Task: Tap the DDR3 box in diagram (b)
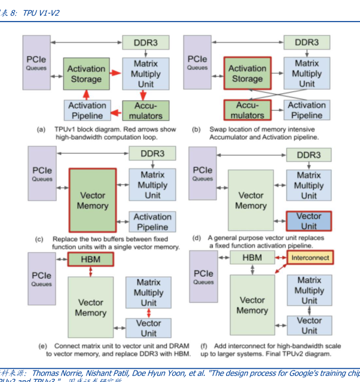tap(306, 43)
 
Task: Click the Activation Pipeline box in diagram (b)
tap(306, 110)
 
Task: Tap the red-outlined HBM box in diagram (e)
tap(90, 259)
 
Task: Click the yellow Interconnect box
tap(310, 258)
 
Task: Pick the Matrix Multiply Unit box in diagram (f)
tap(309, 291)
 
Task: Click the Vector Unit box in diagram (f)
tap(309, 326)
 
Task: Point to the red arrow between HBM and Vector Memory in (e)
tap(90, 271)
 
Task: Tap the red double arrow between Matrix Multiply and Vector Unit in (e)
tap(149, 313)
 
